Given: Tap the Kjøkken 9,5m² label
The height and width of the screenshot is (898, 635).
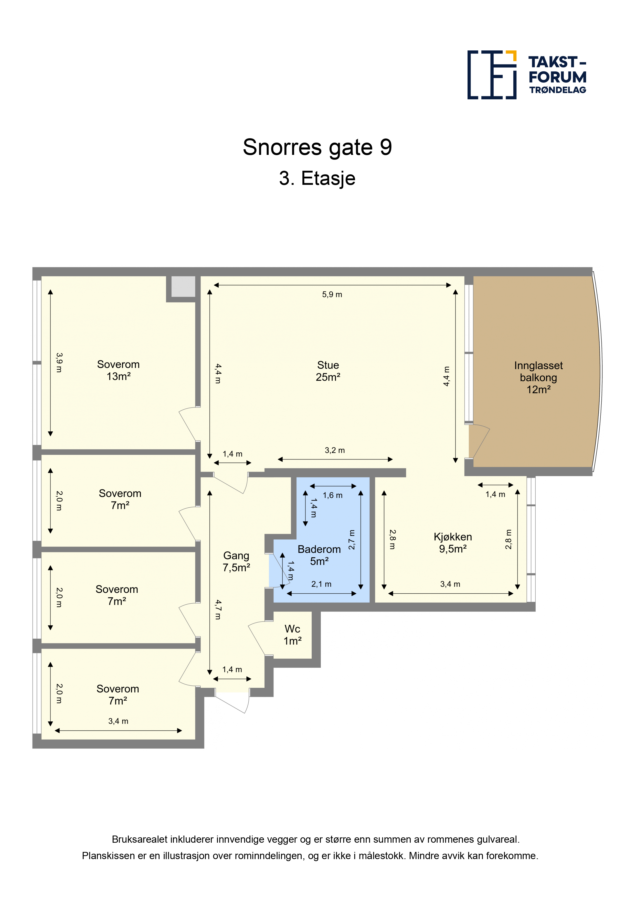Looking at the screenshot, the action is point(453,543).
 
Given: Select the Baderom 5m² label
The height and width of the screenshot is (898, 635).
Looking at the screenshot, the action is point(319,555).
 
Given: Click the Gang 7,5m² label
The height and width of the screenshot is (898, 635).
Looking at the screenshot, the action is point(236,562).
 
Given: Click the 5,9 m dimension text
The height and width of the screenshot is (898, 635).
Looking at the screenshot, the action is point(332,294).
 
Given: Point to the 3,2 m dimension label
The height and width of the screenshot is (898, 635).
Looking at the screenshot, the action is point(335,450).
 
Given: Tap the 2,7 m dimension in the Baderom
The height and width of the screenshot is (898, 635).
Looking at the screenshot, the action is point(352,540).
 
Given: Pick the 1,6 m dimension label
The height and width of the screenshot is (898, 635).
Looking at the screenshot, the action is point(333,496).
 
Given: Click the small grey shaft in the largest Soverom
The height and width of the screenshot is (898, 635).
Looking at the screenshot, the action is point(183,287).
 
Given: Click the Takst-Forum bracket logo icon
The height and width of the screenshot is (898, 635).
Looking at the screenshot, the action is point(492,75).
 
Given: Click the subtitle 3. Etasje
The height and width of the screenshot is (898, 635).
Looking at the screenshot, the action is point(317,178).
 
